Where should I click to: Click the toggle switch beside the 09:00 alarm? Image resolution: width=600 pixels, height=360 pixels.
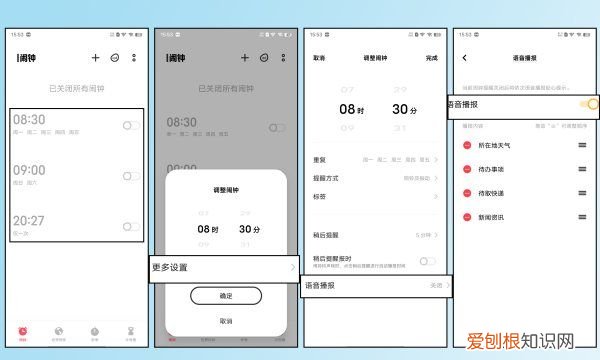pos(131,176)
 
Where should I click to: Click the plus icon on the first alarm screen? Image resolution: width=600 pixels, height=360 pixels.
pos(96,59)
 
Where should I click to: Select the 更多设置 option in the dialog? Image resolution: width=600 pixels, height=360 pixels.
pos(170,268)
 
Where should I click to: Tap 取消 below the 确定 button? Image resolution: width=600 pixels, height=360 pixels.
pos(225,321)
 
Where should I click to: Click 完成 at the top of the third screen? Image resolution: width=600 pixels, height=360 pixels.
pos(431,58)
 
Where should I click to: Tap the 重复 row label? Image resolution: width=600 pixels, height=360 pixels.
pos(320,159)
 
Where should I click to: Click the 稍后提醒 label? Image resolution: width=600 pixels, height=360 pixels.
pos(324,235)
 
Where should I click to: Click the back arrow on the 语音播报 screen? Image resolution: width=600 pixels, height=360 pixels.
pos(465,58)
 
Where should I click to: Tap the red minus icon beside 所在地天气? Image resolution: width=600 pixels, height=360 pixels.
pos(467,146)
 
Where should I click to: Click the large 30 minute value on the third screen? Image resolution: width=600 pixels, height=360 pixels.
pos(403,110)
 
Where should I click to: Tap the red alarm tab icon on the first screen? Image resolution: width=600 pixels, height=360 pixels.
pos(22,329)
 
